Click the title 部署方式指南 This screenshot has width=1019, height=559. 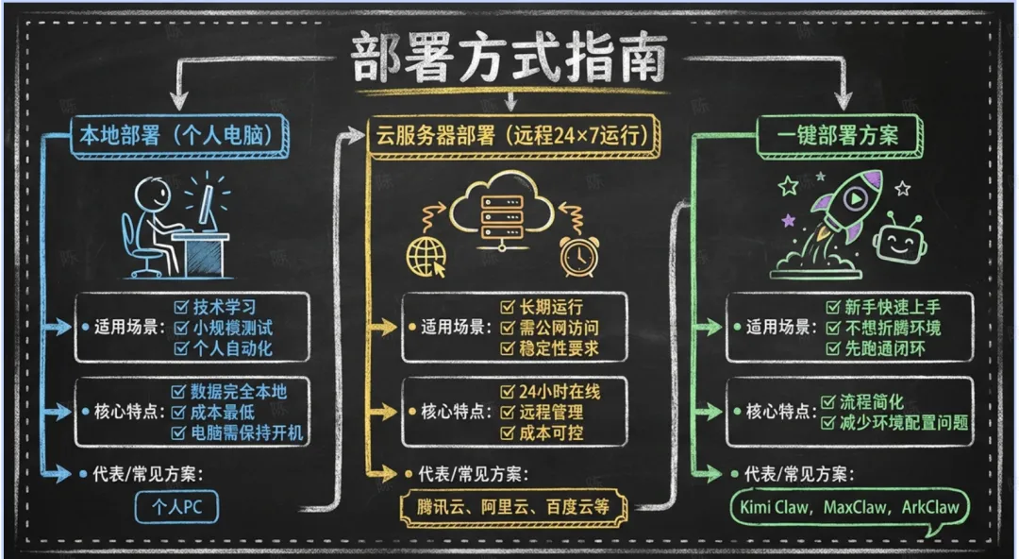[509, 59]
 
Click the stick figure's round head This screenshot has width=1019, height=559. [153, 196]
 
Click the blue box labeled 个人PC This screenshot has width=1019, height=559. [176, 506]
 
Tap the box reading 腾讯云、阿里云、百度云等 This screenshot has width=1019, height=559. [514, 506]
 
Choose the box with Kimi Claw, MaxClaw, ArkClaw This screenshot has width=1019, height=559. [850, 506]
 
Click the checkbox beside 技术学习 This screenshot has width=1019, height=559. [182, 307]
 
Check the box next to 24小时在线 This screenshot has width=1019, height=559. [509, 391]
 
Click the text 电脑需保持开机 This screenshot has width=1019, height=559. [249, 432]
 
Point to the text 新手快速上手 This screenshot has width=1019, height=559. [893, 307]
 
